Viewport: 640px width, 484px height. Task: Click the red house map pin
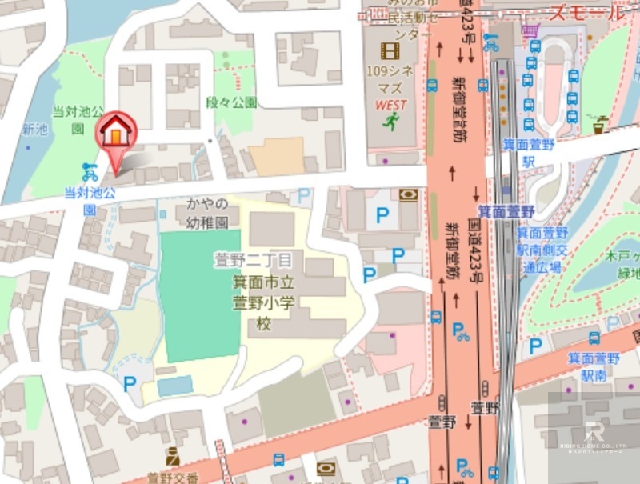pos(116,132)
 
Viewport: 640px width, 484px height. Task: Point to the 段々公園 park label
pos(231,102)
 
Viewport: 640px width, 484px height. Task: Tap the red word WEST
pos(390,105)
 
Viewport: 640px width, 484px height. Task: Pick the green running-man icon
pos(390,122)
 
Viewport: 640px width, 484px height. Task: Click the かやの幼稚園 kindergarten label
pos(207,212)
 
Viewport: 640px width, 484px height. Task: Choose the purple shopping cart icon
pos(528,30)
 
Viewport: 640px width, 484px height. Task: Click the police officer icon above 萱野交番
pos(172,458)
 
